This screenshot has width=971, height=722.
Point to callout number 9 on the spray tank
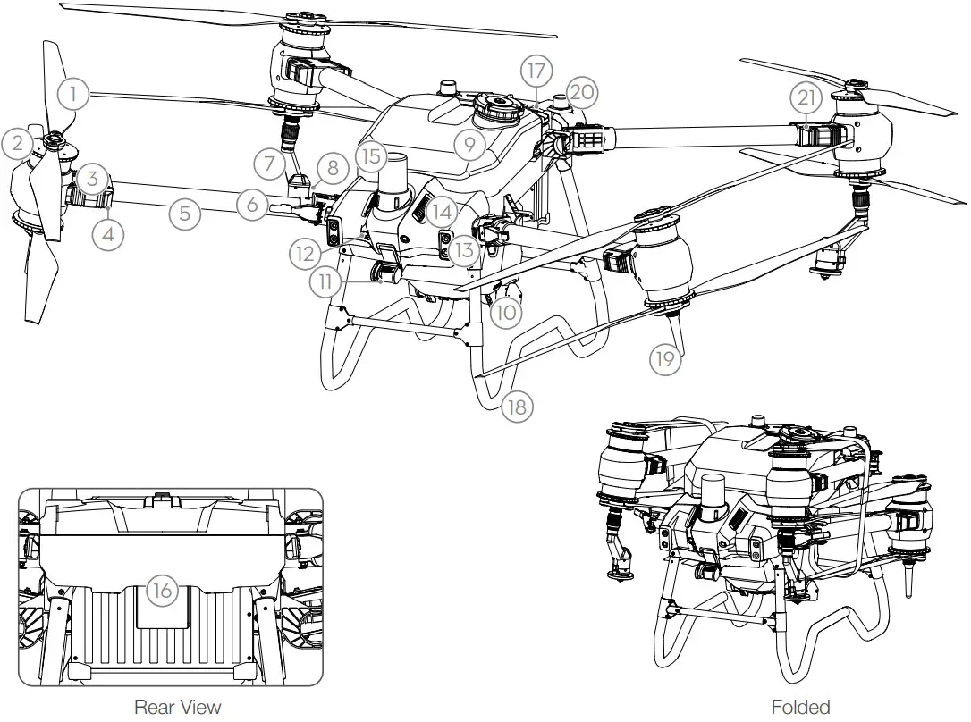(469, 143)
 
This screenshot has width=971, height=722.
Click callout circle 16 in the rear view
(161, 591)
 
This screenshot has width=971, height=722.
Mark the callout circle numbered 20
(582, 91)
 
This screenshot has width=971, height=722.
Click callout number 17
(538, 70)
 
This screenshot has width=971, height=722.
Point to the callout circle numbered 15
(373, 156)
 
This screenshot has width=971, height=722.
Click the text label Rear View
(177, 707)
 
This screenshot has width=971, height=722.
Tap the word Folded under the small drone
(800, 707)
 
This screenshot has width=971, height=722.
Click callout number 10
(506, 312)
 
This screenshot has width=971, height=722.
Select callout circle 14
(438, 211)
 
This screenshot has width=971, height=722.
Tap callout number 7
(267, 164)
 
